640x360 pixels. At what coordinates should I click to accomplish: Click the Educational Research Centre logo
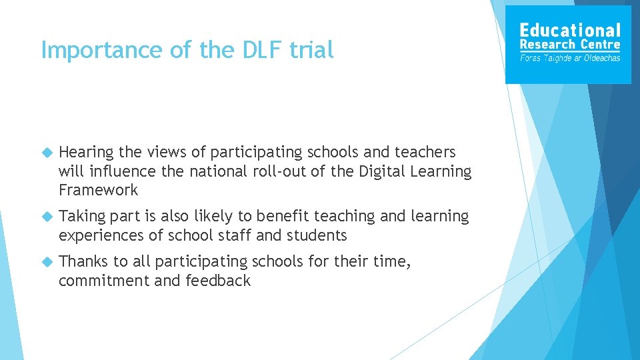[568, 45]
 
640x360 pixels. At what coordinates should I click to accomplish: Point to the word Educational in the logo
[570, 30]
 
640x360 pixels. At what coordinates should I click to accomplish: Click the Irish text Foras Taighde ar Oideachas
[570, 58]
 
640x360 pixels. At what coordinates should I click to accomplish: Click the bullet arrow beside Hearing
[47, 153]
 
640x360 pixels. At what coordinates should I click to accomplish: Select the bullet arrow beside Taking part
[47, 217]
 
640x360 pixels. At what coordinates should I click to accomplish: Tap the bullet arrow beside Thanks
[47, 262]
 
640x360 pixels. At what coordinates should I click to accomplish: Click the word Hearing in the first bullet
[87, 153]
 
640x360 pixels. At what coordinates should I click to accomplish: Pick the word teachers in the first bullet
[423, 152]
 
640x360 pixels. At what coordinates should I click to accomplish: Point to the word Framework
[99, 190]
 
